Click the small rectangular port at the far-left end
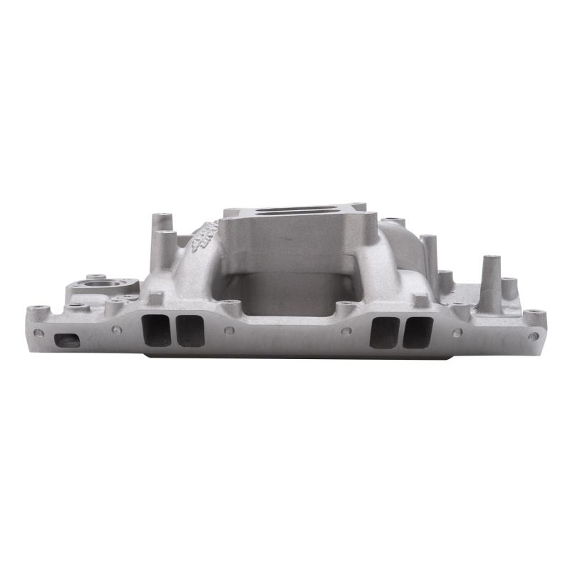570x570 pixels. point(67,341)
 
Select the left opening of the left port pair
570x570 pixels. point(157,331)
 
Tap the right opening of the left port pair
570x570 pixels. point(190,331)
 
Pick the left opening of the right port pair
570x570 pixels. point(385,332)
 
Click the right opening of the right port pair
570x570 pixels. point(418,332)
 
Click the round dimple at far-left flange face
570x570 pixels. point(38,332)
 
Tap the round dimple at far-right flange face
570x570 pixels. point(530,336)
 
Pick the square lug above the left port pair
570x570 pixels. point(156,299)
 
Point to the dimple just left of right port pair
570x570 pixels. point(343,331)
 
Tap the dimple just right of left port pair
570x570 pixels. point(229,331)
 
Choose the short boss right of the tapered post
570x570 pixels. point(509,289)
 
